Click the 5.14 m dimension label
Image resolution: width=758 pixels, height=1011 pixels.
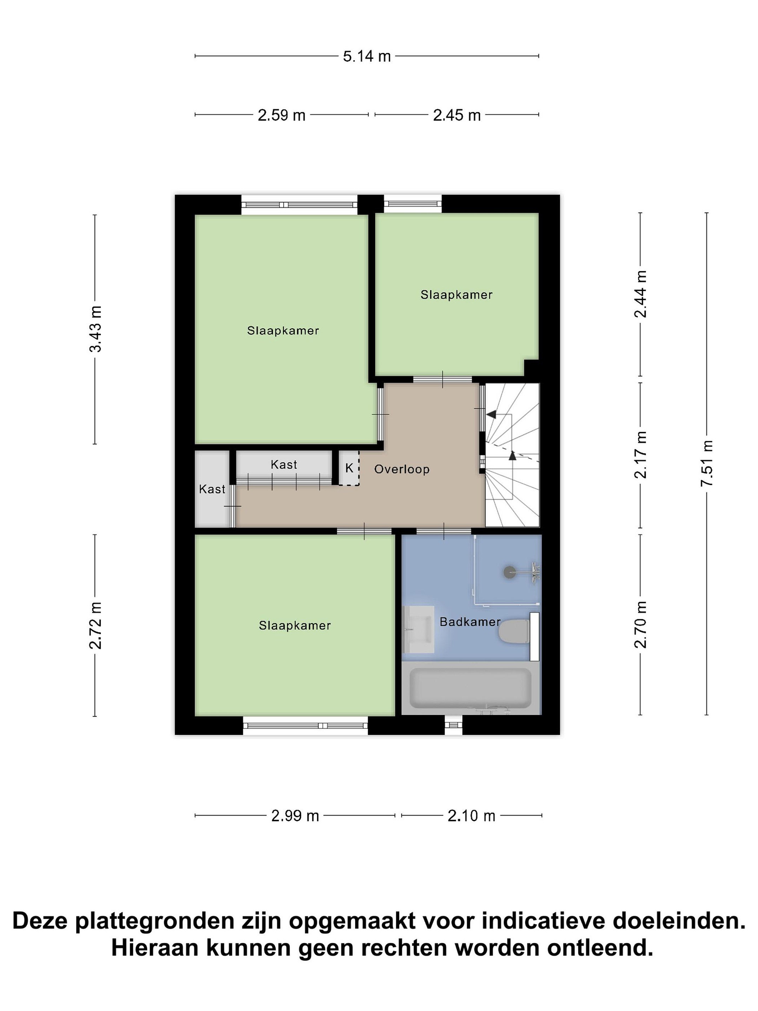tap(367, 56)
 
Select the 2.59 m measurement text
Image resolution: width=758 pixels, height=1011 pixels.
tap(281, 115)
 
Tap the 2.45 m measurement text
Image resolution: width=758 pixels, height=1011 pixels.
tap(457, 115)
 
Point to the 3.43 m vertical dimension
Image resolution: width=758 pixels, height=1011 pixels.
tap(95, 329)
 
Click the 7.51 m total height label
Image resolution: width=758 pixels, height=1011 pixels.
tap(707, 463)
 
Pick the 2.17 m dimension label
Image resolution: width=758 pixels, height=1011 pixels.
tap(640, 455)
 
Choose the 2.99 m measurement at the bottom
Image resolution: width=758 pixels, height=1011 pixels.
tap(295, 816)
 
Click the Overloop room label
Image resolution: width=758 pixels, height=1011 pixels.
tap(401, 469)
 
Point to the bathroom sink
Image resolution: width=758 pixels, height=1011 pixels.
tap(419, 629)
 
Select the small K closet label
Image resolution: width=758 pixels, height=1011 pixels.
tap(350, 468)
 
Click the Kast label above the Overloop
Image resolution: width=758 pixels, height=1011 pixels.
tap(284, 465)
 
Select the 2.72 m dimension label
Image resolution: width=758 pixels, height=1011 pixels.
tap(95, 625)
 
